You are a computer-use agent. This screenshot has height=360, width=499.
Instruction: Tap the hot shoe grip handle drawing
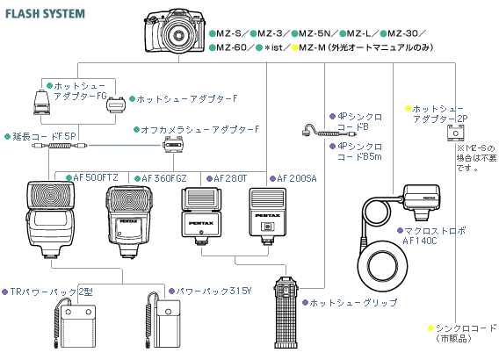[x=286, y=312]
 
